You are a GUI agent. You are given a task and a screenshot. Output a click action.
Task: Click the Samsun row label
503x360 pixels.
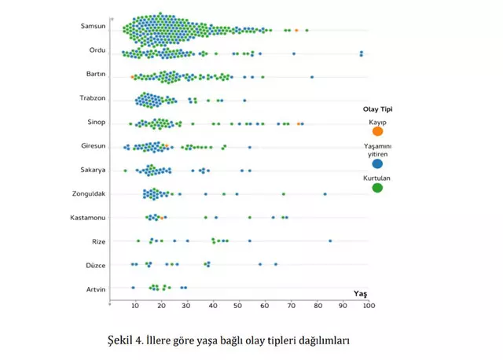[93, 27]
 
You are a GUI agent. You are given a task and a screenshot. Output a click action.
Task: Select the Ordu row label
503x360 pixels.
[97, 50]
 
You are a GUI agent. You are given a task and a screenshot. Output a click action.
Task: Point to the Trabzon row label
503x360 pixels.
[92, 98]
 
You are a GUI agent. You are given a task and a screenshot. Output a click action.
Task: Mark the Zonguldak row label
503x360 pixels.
[88, 193]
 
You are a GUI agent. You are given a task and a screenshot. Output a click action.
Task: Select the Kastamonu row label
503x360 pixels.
[87, 217]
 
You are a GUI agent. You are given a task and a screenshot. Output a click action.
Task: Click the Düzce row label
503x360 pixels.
[95, 265]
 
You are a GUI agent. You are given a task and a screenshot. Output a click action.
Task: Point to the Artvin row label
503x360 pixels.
[94, 289]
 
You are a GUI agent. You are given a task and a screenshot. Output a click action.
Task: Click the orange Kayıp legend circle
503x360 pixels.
[377, 131]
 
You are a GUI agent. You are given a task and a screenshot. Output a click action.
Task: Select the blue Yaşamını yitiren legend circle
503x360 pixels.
[377, 164]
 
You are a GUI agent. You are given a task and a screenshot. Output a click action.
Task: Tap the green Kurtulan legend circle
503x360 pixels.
[377, 188]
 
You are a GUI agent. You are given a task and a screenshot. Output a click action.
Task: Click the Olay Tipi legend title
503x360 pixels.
[376, 109]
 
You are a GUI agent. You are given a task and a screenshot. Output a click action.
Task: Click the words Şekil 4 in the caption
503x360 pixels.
[124, 340]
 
